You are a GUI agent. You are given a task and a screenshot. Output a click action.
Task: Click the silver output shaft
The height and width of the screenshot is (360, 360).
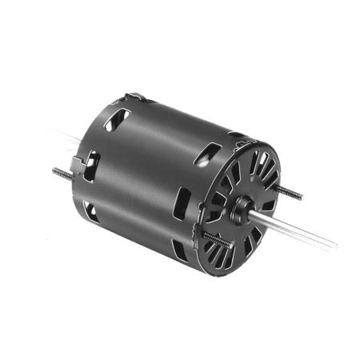pyautogui.click(x=296, y=227)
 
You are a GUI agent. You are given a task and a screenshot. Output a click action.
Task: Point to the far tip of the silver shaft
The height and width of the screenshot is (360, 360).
pyautogui.click(x=334, y=242)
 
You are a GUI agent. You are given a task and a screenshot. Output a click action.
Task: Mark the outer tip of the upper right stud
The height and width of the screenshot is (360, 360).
pyautogui.click(x=302, y=196)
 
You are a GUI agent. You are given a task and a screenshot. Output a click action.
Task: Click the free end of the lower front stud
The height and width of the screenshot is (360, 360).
pyautogui.click(x=205, y=234)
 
